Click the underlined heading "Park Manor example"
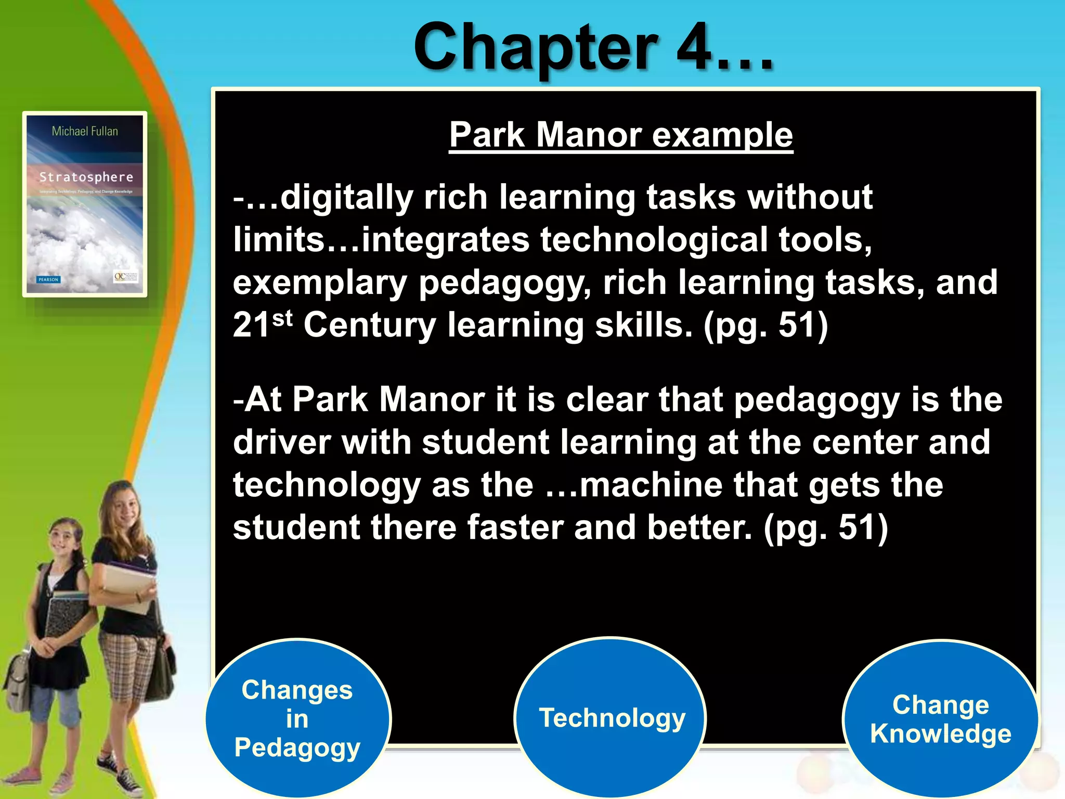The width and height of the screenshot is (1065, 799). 621,135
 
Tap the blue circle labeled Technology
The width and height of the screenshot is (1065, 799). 611,718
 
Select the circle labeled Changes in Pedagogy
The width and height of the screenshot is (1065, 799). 297,718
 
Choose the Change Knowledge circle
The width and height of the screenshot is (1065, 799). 940,719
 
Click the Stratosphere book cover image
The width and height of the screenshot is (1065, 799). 85,204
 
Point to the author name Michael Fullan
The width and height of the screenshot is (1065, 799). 85,131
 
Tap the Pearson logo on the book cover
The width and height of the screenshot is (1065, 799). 49,279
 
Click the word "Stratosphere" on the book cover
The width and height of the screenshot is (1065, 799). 86,177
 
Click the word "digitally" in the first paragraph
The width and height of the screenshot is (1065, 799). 346,198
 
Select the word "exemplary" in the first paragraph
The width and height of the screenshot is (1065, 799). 320,283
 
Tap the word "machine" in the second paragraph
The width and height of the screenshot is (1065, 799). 651,485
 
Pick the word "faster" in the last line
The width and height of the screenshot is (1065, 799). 514,527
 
